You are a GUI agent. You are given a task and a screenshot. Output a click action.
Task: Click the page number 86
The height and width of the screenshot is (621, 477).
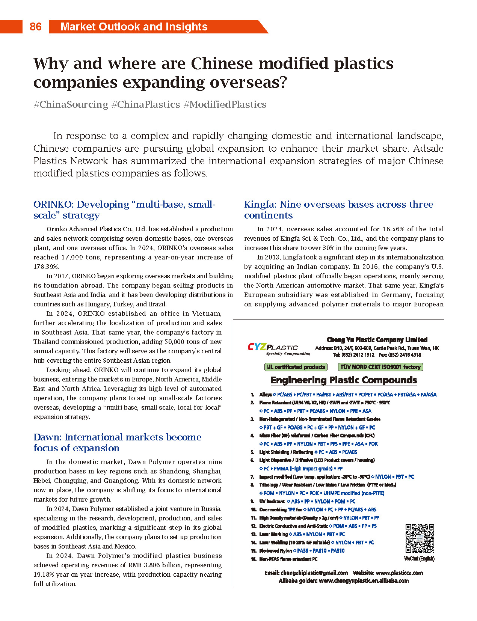35,27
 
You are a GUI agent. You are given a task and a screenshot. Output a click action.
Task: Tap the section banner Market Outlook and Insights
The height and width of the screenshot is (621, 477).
134,27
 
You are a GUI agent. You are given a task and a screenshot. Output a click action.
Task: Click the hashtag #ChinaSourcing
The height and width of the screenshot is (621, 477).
71,104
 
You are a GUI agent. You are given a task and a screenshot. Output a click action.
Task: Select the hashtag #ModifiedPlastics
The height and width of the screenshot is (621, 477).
225,104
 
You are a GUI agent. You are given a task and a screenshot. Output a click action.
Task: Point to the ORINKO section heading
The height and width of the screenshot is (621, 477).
124,210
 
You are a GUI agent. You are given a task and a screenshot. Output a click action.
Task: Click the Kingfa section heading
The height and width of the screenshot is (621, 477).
338,210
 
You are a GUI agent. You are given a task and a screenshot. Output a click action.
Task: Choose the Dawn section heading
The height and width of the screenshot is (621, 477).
117,442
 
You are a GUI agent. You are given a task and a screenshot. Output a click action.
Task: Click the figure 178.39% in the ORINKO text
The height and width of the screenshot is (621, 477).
46,267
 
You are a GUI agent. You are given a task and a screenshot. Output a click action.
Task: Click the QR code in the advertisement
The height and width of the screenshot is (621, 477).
420,538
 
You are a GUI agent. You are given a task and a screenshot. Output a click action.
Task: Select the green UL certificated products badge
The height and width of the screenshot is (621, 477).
296,367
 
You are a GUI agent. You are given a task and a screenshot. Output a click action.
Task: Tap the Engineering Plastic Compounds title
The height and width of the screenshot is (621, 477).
344,380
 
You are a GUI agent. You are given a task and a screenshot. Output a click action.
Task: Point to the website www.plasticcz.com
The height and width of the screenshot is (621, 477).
399,573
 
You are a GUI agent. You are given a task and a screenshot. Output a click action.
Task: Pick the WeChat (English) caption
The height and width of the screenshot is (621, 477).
419,559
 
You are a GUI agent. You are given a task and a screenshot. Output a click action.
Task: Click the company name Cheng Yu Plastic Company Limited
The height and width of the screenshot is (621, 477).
377,339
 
